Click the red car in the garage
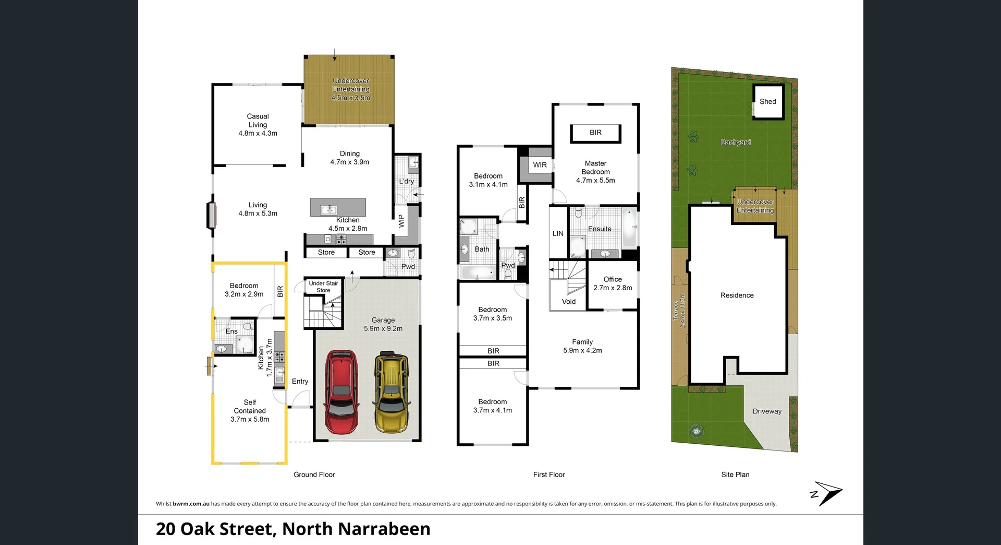tap(341, 392)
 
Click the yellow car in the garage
tap(392, 392)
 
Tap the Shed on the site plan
tap(768, 102)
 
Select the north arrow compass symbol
tap(826, 493)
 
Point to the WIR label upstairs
tap(540, 165)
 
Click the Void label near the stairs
tap(569, 302)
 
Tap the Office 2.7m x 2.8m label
tap(613, 283)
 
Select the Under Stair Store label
tap(323, 287)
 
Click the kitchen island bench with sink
tap(338, 208)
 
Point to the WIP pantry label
tap(401, 221)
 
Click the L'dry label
tap(407, 181)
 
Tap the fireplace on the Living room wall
tap(211, 215)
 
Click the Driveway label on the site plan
tap(767, 411)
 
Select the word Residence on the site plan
tap(737, 295)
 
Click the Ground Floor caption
tap(314, 475)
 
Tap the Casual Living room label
tap(258, 125)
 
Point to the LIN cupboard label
tap(558, 233)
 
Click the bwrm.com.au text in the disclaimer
tap(191, 504)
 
